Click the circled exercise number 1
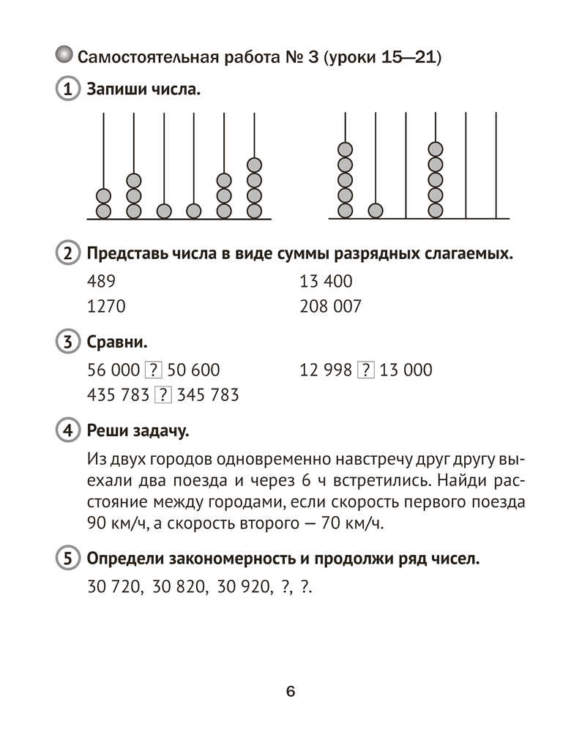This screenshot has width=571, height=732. [67, 91]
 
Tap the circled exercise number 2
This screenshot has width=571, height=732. [67, 255]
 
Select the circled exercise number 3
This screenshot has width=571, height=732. [67, 342]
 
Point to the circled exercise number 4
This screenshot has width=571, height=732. [67, 430]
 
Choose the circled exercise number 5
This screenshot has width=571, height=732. [67, 560]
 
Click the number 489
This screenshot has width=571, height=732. [101, 282]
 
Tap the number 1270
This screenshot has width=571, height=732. [106, 307]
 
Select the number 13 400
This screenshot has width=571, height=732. [326, 282]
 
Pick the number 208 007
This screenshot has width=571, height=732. [331, 307]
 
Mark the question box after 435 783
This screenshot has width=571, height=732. [162, 395]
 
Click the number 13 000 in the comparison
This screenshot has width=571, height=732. [406, 370]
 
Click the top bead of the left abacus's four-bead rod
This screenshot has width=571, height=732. [254, 165]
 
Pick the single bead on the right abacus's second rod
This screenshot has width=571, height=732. [375, 211]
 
